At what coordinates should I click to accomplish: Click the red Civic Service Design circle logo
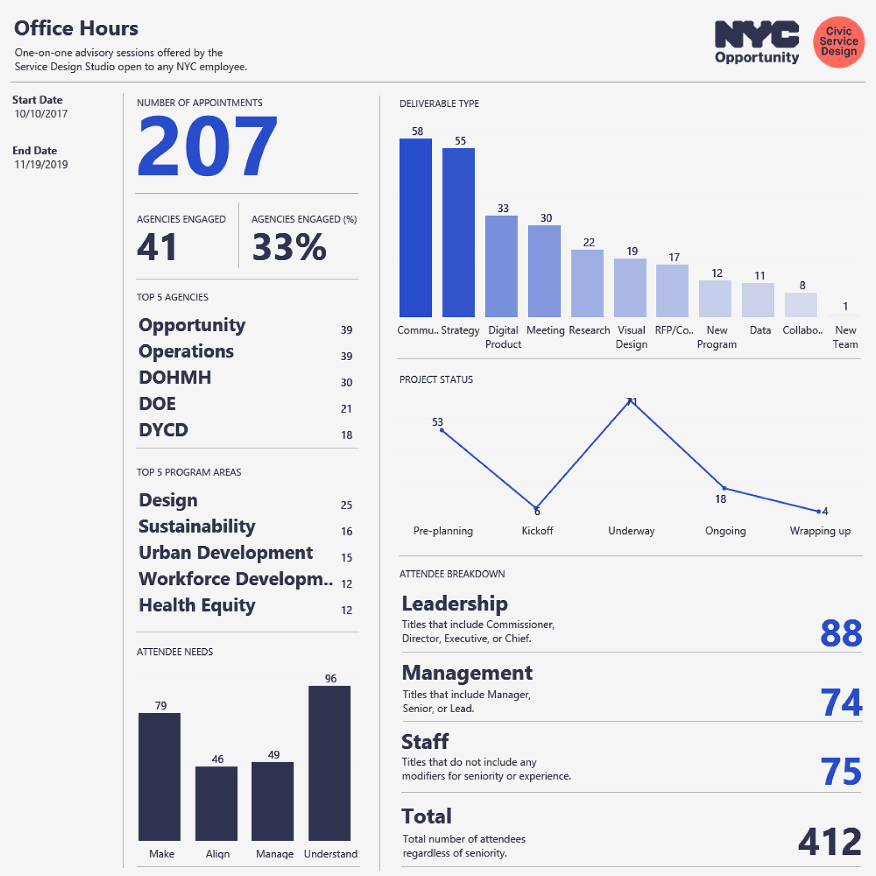pos(838,42)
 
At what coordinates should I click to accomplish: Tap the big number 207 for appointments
pos(207,147)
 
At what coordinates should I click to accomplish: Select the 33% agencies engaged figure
pos(289,247)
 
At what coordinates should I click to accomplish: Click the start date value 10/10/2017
pos(41,114)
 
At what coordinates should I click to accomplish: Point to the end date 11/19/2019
pos(41,165)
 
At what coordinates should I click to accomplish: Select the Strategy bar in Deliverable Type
pos(458,233)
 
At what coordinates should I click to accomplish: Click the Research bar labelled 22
pos(587,283)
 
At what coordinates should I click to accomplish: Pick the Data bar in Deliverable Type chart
pos(757,300)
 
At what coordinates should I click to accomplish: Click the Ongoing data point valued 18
pos(724,488)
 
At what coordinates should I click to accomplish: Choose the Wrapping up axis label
pos(820,531)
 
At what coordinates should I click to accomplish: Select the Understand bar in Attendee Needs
pos(329,763)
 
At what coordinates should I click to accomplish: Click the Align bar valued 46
pos(216,803)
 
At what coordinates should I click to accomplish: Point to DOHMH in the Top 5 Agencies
pos(175,378)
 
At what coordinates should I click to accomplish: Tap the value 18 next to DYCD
pos(346,435)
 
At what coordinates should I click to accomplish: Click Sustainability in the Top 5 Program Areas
pos(197,527)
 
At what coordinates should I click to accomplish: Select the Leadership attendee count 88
pos(841,633)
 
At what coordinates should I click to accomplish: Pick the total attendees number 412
pos(830,842)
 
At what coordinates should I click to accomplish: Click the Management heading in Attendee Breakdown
pos(467,673)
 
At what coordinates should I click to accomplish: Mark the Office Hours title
pos(76,28)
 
